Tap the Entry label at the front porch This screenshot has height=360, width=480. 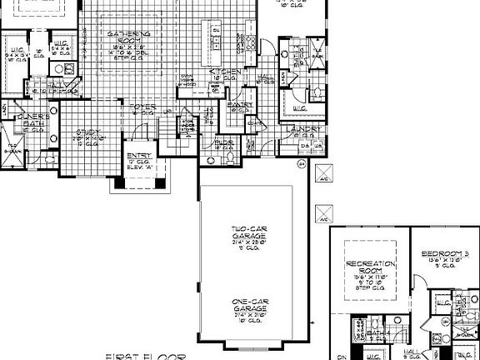click(x=137, y=156)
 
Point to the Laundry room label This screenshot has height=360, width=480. click(x=300, y=129)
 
